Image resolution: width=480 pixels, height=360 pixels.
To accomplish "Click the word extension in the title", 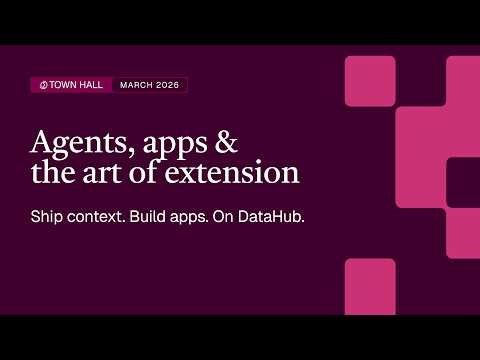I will (239, 172).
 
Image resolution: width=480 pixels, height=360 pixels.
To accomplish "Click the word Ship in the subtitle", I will (48, 216).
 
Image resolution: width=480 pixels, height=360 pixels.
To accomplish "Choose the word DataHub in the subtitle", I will (271, 216).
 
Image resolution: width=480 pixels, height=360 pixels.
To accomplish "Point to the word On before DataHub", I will (225, 216).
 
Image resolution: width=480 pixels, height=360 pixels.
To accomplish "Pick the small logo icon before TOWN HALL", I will (43, 85).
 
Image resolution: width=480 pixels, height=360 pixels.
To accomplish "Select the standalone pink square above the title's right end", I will (370, 81).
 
